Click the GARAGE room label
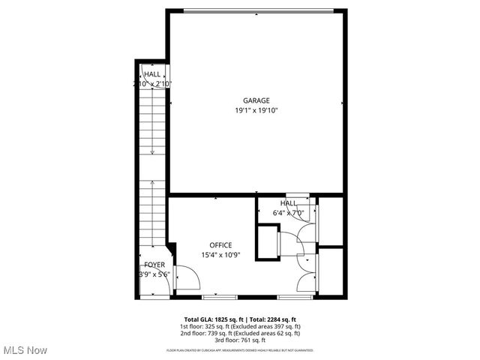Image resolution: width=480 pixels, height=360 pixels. (256, 100)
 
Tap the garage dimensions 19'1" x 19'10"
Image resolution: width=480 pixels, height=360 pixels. (256, 110)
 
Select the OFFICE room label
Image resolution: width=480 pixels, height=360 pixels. (220, 245)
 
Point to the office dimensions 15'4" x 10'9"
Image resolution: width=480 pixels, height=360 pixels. (220, 255)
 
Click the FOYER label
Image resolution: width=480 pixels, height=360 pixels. (154, 265)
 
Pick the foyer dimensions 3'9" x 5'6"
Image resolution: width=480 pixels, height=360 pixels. (154, 274)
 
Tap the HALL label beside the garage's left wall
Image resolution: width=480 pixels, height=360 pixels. (152, 74)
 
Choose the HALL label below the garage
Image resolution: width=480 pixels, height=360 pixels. (289, 203)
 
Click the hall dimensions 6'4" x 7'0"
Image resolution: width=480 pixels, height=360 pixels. (289, 213)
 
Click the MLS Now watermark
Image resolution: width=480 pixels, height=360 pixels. (25, 350)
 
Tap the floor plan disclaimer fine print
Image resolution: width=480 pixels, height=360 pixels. (239, 350)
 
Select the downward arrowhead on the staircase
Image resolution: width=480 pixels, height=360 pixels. (153, 152)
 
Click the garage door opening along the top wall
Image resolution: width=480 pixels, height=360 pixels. (256, 10)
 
